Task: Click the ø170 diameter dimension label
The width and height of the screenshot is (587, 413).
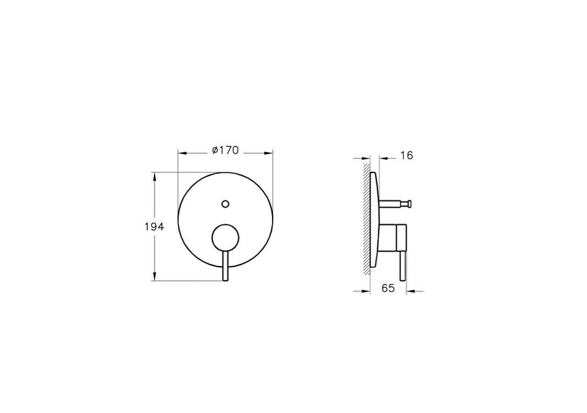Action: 225,150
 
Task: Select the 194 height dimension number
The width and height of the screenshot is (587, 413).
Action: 154,226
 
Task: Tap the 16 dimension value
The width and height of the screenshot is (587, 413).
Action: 406,156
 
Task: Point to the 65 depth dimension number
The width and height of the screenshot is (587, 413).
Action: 388,288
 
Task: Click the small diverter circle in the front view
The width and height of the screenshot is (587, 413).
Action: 225,204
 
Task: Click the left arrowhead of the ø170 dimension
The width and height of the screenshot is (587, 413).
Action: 182,153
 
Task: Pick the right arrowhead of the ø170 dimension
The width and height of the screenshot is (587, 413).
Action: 269,153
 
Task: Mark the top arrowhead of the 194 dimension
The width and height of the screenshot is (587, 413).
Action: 155,176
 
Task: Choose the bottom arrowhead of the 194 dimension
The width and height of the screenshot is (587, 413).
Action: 155,277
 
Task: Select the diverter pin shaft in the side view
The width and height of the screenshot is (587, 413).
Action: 392,202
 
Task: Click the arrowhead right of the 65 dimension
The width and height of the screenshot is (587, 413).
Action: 410,290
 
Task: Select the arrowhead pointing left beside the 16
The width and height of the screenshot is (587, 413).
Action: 382,158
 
